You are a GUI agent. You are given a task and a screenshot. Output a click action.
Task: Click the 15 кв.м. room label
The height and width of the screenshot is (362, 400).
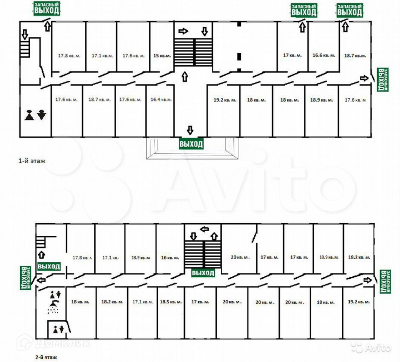[161, 56]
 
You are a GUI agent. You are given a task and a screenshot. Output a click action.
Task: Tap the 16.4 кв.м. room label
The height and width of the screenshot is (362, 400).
[161, 100]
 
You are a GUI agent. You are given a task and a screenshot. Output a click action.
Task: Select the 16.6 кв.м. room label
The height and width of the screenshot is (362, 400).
[323, 55]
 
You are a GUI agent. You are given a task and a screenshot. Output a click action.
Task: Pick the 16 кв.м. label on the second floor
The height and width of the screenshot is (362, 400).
[170, 258]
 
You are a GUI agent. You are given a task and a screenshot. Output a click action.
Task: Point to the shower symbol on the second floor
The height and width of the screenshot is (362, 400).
[55, 306]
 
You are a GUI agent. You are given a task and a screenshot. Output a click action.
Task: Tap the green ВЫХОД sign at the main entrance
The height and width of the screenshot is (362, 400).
[191, 144]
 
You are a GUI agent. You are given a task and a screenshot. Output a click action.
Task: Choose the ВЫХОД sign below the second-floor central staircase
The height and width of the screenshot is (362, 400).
[203, 272]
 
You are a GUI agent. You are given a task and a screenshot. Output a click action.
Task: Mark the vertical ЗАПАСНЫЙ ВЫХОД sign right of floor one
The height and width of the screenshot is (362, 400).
[381, 80]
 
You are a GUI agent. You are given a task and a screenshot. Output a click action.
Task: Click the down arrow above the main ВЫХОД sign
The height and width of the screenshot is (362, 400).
[190, 130]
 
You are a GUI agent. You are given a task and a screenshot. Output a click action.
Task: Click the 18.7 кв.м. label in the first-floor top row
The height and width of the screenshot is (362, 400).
[355, 56]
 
